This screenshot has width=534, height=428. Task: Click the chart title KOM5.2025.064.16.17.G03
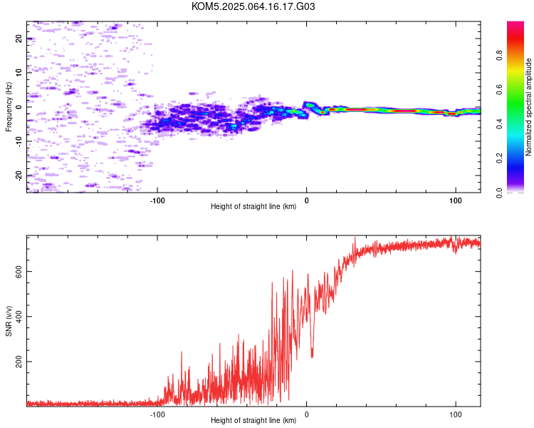[x=253, y=6]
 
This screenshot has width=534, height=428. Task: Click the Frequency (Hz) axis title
[x=9, y=107]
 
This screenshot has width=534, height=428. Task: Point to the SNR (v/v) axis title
[x=9, y=321]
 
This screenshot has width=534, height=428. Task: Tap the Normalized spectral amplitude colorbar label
[x=528, y=107]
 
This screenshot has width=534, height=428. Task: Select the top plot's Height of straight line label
[x=253, y=206]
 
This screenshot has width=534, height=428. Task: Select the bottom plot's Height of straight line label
[x=253, y=420]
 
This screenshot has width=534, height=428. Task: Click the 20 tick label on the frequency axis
[x=19, y=39]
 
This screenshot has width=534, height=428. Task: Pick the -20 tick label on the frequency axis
[x=19, y=176]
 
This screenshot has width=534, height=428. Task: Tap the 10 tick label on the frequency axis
[x=19, y=73]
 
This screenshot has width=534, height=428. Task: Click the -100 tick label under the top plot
[x=157, y=200]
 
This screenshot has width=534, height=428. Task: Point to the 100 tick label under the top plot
[x=456, y=200]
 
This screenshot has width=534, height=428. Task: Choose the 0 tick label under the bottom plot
[x=306, y=414]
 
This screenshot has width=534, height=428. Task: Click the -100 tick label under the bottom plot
[x=157, y=414]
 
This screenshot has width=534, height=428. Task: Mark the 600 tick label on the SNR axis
[x=19, y=271]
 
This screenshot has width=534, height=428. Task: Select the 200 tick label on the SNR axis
[x=19, y=362]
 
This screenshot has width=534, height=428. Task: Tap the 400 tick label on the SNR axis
[x=19, y=317]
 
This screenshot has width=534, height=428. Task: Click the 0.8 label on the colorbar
[x=500, y=56]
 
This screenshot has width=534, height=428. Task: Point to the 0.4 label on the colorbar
[x=500, y=124]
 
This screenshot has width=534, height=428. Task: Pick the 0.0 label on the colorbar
[x=500, y=193]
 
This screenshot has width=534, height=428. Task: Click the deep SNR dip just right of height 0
[x=312, y=355]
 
